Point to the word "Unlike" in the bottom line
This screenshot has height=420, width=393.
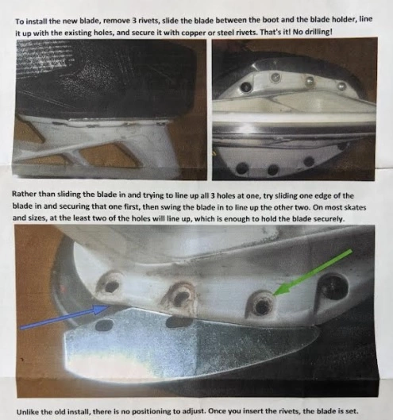pos(27,412)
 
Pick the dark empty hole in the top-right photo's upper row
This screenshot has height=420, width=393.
pos(246,87)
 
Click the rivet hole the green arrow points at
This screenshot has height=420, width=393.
pos(262,305)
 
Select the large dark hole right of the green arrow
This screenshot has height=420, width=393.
pos(333,287)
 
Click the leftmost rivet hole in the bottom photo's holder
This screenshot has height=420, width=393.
pos(111,286)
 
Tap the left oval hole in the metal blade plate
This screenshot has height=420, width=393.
pos(104,325)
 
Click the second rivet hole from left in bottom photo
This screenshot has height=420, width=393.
pos(181,295)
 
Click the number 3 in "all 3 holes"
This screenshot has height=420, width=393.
pos(213,195)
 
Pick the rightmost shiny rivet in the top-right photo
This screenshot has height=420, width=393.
pos(341,86)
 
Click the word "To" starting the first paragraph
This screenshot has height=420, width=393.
pos(19,21)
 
